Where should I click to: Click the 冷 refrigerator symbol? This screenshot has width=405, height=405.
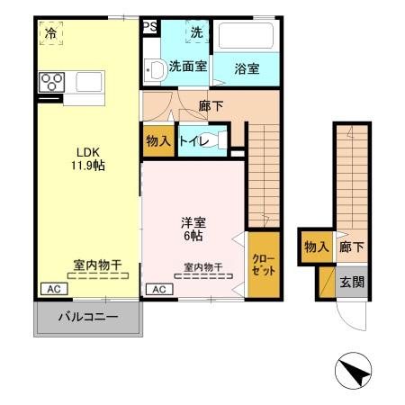(x=50, y=33)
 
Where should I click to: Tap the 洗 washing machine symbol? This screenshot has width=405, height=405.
(x=195, y=33)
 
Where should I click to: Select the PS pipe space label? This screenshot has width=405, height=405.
(x=149, y=26)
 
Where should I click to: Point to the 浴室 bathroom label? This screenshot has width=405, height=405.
(x=247, y=67)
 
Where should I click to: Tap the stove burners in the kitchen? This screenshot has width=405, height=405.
(x=51, y=83)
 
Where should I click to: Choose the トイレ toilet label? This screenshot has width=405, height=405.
(x=195, y=141)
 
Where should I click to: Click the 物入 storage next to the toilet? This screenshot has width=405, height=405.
(x=158, y=141)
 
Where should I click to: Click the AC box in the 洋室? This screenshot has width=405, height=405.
(x=158, y=289)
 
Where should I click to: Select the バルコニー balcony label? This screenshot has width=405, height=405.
(x=87, y=317)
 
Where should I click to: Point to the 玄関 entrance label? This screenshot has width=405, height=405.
(x=351, y=282)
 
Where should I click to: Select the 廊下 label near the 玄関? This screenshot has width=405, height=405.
(x=351, y=247)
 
